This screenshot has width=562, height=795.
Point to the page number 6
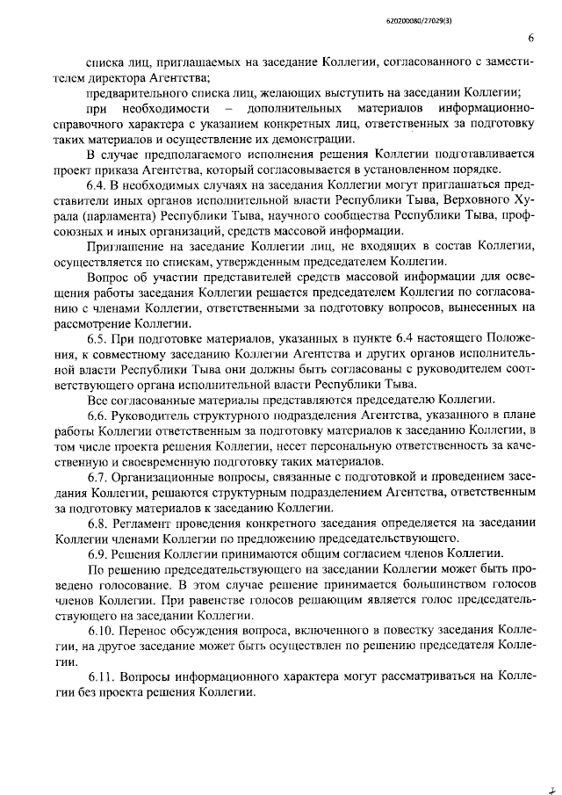click(531, 38)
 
